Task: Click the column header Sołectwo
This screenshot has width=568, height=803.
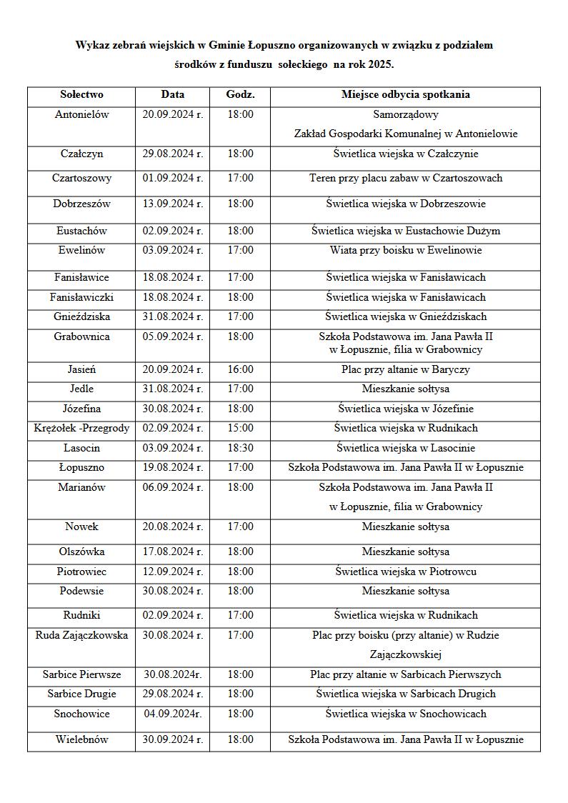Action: point(81,94)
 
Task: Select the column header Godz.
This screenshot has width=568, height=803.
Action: point(240,94)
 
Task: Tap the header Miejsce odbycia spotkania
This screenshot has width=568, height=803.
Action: point(405,94)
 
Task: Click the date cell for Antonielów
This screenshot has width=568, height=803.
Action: point(172,114)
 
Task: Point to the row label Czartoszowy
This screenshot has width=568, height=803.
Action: point(81,178)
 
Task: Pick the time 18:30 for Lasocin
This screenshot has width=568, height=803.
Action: point(240,448)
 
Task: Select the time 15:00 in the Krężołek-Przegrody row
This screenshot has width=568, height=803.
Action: point(240,428)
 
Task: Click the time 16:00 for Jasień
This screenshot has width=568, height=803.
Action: point(240,369)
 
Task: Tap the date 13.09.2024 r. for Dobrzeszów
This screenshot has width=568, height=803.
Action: point(172,204)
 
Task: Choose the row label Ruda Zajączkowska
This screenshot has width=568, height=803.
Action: point(81,635)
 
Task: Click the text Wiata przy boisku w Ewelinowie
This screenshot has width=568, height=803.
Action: point(405,250)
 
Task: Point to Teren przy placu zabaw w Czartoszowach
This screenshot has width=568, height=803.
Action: point(405,178)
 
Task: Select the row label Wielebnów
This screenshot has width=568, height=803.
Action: point(81,739)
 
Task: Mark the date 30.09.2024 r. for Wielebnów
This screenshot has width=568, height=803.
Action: point(172,739)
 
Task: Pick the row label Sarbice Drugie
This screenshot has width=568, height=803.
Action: point(81,694)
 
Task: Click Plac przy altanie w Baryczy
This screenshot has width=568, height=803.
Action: point(405,369)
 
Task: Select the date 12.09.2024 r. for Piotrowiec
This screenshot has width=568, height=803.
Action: point(172,572)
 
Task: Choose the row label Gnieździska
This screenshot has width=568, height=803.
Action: point(81,316)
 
